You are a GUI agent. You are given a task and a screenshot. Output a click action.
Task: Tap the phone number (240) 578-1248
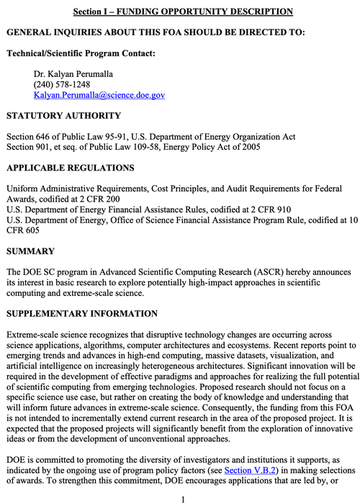click(62, 84)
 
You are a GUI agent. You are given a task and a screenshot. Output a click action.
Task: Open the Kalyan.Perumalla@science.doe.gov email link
click(99, 95)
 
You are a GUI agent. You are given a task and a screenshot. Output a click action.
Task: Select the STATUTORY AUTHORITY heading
click(63, 116)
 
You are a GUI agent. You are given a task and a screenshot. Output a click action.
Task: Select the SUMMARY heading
click(30, 251)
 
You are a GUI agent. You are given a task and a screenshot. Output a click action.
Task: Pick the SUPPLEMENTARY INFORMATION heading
click(81, 314)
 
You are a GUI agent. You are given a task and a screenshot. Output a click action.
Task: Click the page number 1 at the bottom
click(183, 498)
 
